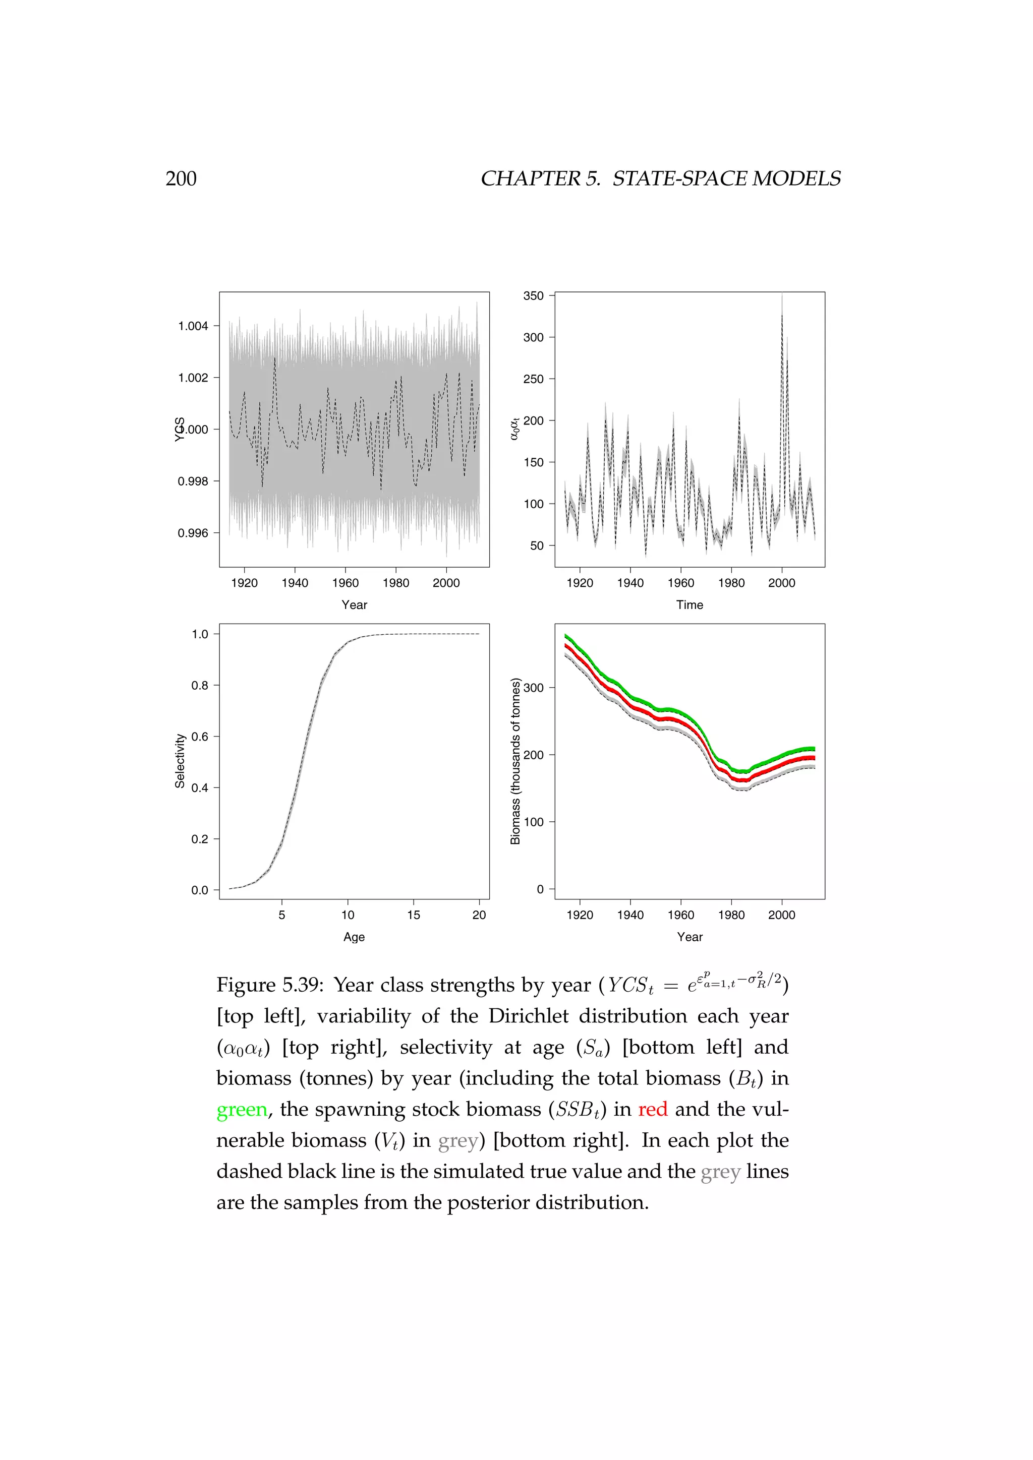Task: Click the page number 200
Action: coord(181,178)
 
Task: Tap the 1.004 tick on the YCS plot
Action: coord(193,326)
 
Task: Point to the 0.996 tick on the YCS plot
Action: coord(193,533)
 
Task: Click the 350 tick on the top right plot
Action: coord(533,296)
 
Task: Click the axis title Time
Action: coord(690,605)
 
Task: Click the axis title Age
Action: coord(354,937)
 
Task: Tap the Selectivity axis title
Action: coord(180,761)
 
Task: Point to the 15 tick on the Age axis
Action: coord(414,915)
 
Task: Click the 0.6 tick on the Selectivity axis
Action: coord(200,737)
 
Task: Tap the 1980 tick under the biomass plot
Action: coord(731,915)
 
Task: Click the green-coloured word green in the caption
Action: coord(242,1110)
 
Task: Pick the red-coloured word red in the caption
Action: coord(653,1110)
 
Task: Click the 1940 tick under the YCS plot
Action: coord(295,583)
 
